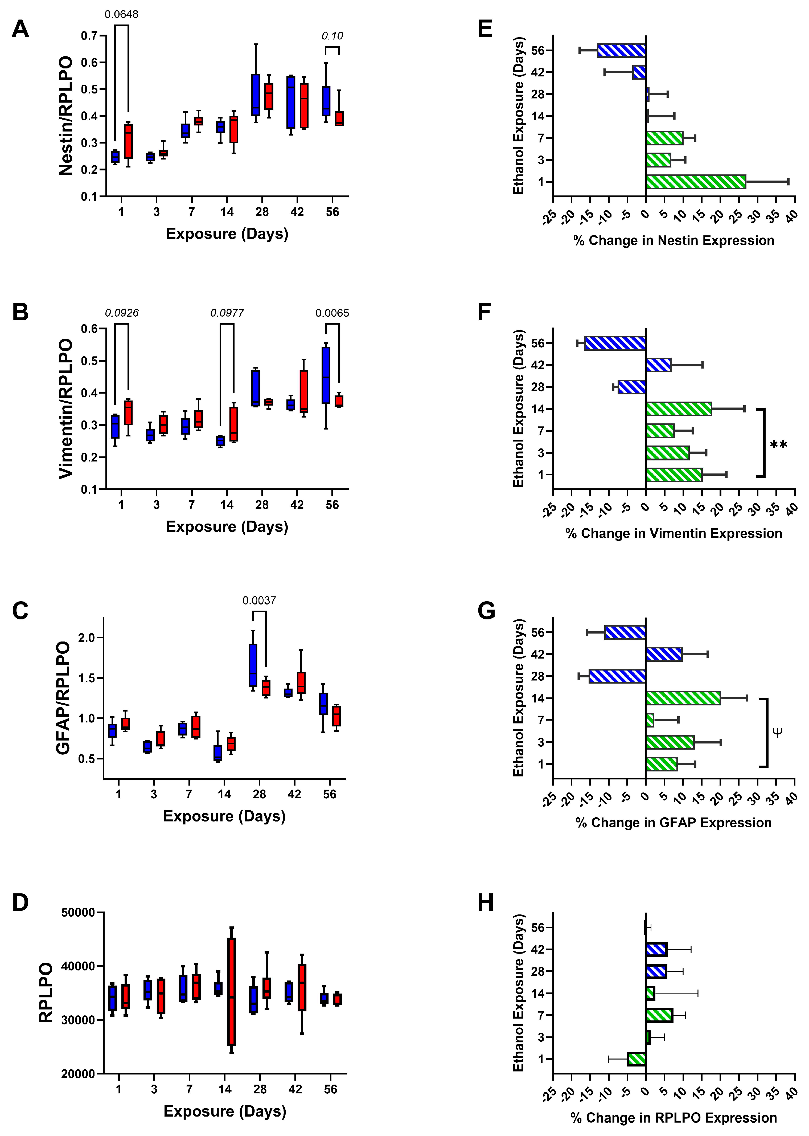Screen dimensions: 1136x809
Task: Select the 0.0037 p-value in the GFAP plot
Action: click(x=259, y=601)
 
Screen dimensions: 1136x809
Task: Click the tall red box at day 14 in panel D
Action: click(x=232, y=991)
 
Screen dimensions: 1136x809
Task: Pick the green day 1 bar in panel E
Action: click(x=695, y=182)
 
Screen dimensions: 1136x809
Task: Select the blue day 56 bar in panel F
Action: click(x=615, y=343)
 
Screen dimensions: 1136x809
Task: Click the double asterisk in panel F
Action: click(x=778, y=444)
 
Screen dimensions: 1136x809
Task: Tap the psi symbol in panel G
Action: click(x=777, y=732)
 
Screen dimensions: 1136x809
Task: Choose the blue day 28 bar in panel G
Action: click(x=617, y=676)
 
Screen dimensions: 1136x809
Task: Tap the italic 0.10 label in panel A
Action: click(x=332, y=36)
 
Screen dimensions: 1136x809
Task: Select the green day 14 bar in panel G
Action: click(x=683, y=698)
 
